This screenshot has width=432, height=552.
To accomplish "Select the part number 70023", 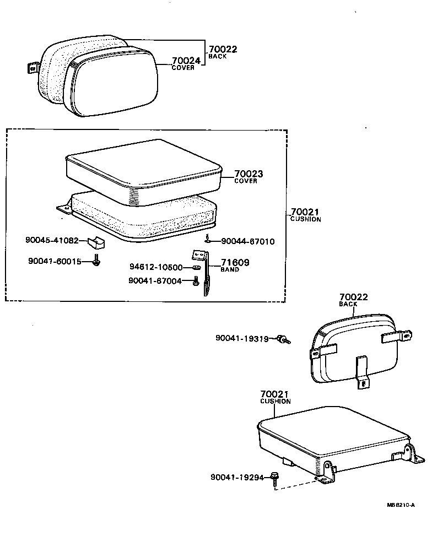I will click(x=249, y=174).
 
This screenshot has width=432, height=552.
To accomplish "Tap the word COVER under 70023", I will click(x=246, y=181).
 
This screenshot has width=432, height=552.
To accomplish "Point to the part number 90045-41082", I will click(x=53, y=240).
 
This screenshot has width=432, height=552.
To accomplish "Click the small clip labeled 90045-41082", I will click(x=97, y=242).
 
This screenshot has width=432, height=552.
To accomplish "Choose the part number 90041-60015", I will click(x=54, y=262).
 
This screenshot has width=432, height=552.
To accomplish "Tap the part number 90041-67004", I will click(x=155, y=280).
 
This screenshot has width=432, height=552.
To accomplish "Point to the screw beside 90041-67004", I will click(x=195, y=282).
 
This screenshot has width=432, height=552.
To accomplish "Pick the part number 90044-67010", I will click(x=248, y=241).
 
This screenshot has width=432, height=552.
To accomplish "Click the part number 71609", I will click(x=235, y=263).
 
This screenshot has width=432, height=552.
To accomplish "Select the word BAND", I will click(x=230, y=270).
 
